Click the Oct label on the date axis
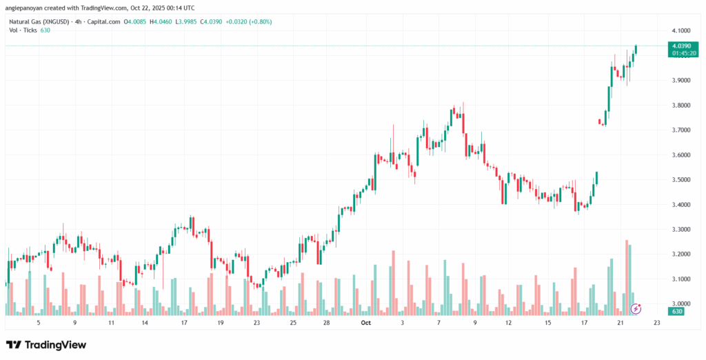click(367, 323)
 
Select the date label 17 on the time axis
click(183, 323)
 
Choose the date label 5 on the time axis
click(39, 323)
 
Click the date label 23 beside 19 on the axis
click(256, 323)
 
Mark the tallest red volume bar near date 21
click(627, 276)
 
